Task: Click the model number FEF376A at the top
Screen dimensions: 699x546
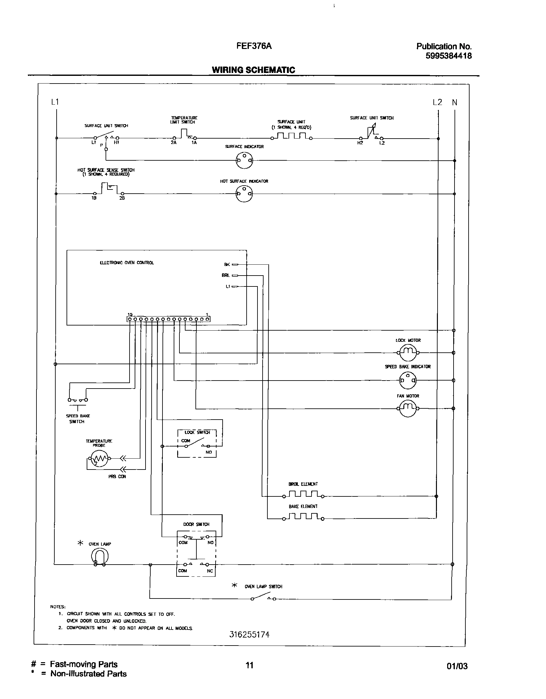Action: (x=254, y=46)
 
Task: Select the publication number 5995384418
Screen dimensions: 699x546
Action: (x=448, y=56)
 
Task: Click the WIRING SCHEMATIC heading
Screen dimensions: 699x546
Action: (x=253, y=70)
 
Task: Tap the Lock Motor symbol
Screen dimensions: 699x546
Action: (x=408, y=352)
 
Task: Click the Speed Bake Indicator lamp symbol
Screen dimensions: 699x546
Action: (x=408, y=380)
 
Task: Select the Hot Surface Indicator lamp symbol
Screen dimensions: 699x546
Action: (x=244, y=194)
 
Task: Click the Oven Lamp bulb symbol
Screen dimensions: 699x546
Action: (x=99, y=557)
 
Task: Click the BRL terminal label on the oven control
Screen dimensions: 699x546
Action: (x=226, y=275)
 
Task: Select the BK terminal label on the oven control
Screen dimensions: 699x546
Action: (x=227, y=264)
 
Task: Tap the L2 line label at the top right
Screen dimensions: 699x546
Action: (x=437, y=102)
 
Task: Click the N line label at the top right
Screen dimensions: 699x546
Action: (x=455, y=103)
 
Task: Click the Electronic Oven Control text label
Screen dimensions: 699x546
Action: (x=127, y=263)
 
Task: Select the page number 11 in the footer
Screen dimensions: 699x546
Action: (x=249, y=665)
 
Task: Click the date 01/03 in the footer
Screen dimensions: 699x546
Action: (x=457, y=666)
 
